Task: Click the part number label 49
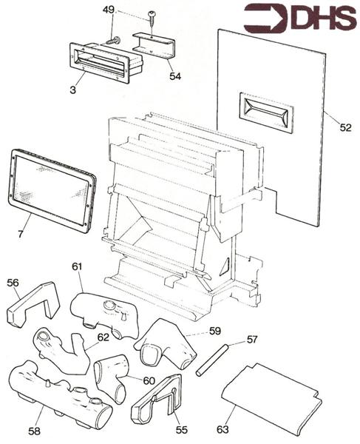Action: pyautogui.click(x=108, y=10)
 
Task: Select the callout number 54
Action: pyautogui.click(x=174, y=75)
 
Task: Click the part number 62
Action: pyautogui.click(x=103, y=337)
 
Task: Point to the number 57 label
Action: pyautogui.click(x=253, y=340)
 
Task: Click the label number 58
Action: pyautogui.click(x=35, y=431)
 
